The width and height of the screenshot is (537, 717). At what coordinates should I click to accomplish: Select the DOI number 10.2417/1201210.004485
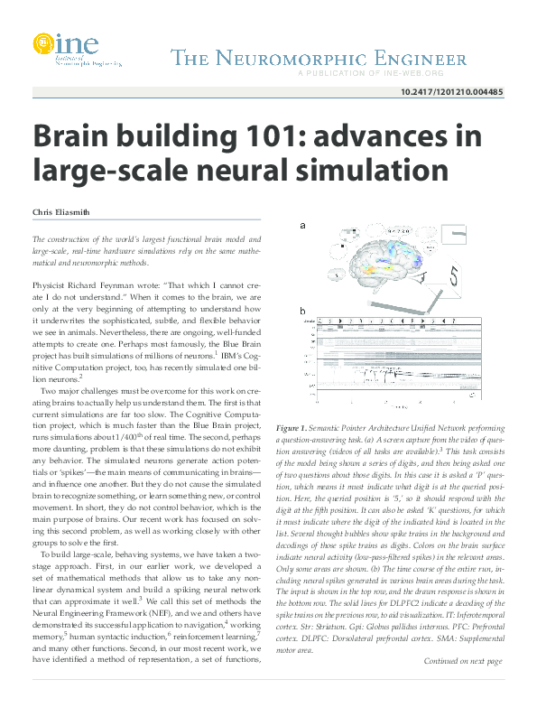click(x=451, y=92)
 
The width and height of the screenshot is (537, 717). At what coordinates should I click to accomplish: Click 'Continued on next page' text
click(x=462, y=686)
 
